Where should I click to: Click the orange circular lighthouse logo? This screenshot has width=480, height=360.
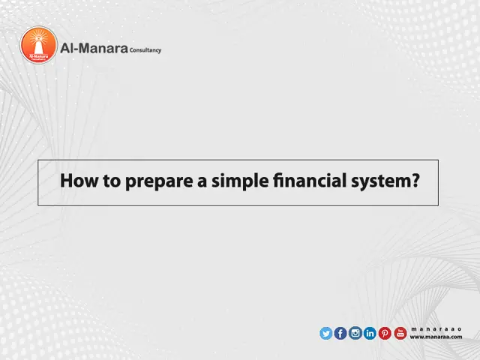pos(38,45)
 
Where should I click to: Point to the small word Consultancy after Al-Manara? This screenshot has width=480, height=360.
pos(144,50)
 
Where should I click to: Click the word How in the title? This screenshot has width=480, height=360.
pos(77,182)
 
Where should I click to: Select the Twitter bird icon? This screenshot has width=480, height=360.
pos(325,334)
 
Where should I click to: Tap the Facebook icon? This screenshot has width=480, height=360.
pos(340,334)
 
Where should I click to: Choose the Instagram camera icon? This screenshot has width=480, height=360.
pos(355,334)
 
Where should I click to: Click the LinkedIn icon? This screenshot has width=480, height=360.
pos(370,334)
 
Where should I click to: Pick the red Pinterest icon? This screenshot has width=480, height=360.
pos(385,334)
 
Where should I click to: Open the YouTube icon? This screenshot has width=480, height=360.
pos(400,334)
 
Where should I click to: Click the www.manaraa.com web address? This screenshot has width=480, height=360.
pos(436,337)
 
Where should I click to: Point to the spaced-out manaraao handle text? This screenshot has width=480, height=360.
pos(436,329)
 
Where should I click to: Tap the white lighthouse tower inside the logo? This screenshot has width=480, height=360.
pos(38,42)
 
